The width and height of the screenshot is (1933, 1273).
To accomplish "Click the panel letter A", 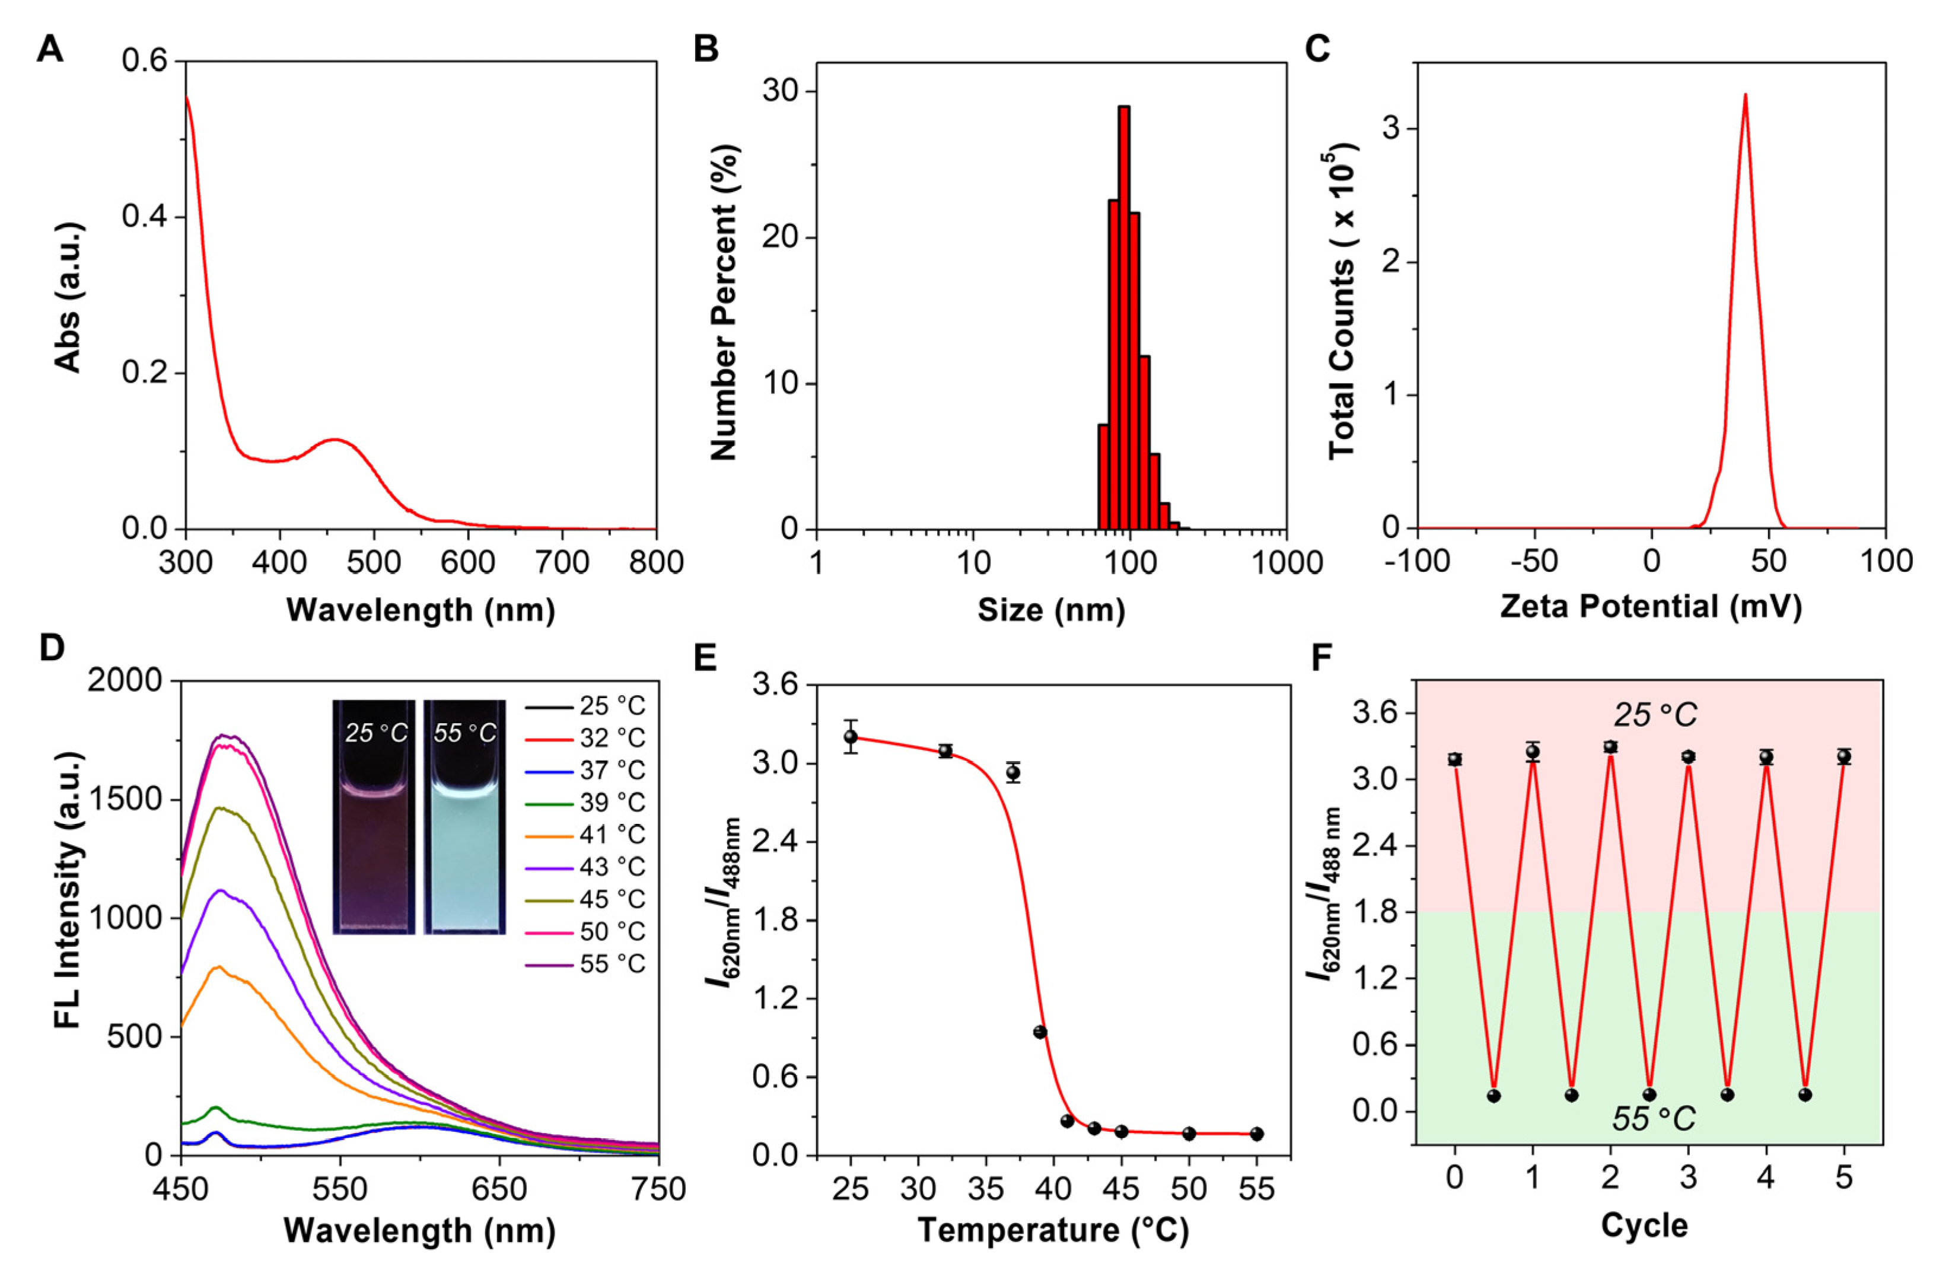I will pos(50,50).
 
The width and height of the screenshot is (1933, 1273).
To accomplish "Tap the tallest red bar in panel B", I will pos(1124,317).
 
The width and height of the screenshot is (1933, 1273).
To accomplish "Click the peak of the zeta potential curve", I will pos(1744,96).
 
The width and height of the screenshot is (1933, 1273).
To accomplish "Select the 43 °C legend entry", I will pos(585,867).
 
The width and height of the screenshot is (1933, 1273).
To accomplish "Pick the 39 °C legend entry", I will pos(585,802).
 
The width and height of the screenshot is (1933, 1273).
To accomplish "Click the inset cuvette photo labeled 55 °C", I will pos(464,816).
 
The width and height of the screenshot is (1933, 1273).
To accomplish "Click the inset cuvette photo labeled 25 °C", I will pos(374,816).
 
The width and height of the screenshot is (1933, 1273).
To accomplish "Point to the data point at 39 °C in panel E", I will pos(1040,1032).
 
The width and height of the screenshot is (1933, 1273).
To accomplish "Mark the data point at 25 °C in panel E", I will pos(851,737).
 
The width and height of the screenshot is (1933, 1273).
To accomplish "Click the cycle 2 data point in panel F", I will pos(1610,747).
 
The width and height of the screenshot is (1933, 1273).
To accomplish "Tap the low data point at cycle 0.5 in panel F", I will pos(1493,1095).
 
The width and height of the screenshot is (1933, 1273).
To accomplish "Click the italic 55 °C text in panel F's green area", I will pos(1654,1119).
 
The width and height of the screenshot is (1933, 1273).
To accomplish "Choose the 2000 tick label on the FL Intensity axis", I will pos(125,681).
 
